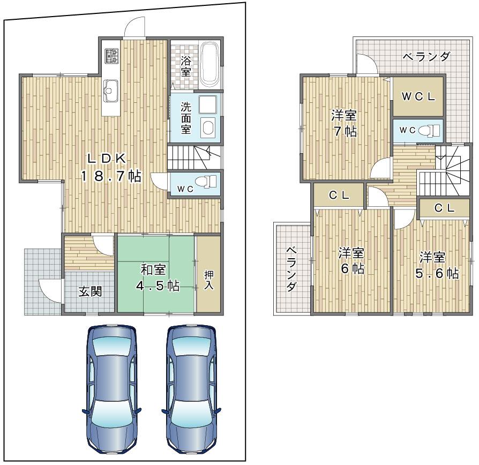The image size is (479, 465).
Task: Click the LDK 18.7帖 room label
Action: pyautogui.click(x=111, y=167)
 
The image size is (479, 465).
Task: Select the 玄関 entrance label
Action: pyautogui.click(x=90, y=292)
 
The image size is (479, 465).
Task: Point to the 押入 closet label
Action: pyautogui.click(x=209, y=280)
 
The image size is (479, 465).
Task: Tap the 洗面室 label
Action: pyautogui.click(x=185, y=118)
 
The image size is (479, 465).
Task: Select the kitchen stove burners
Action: pyautogui.click(x=112, y=55)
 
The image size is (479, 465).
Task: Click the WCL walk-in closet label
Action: pyautogui.click(x=418, y=97)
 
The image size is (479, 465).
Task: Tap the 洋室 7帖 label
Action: pyautogui.click(x=343, y=124)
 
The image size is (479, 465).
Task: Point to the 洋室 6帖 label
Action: pyautogui.click(x=351, y=260)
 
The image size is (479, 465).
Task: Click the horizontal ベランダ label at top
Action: pyautogui.click(x=426, y=57)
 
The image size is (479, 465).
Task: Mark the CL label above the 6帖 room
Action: pyautogui.click(x=339, y=196)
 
